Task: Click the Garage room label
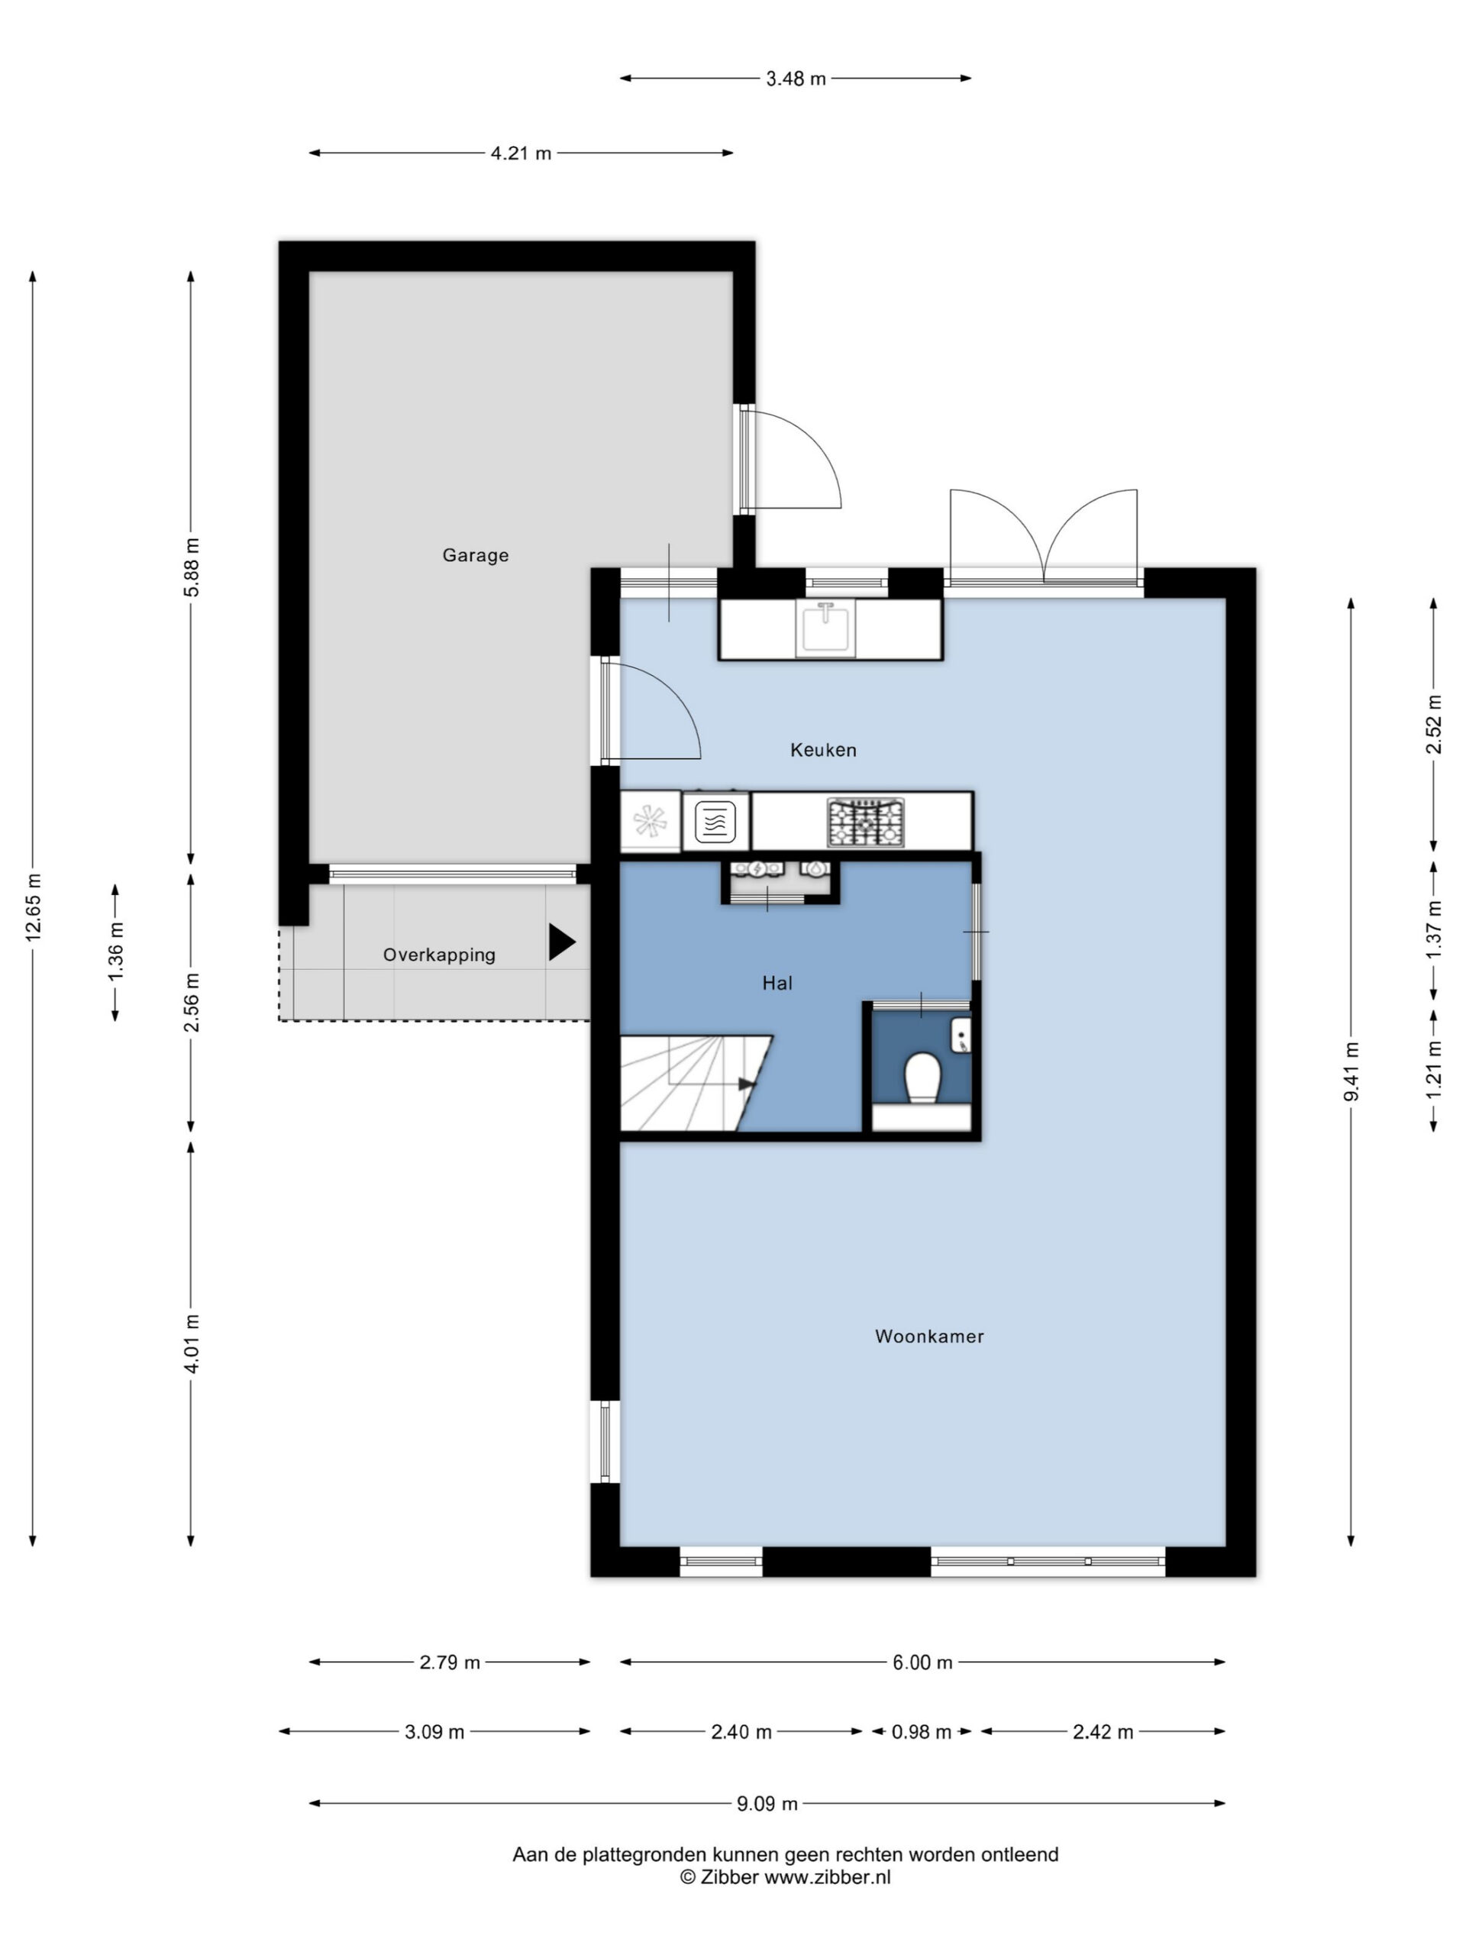point(476,555)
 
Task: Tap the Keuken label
point(822,749)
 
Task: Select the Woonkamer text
point(928,1336)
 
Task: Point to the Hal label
point(777,983)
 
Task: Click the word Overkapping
point(438,955)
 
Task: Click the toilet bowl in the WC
point(921,1075)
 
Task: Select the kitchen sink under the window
point(825,628)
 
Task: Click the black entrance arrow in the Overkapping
point(561,942)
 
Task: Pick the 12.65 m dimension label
point(34,906)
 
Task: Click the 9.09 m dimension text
point(767,1803)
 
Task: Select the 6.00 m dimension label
point(922,1662)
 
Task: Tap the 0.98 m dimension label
point(921,1731)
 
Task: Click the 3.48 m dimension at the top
point(796,79)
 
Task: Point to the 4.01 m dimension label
point(192,1343)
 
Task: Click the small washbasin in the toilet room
point(961,1035)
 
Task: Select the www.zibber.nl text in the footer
point(827,1877)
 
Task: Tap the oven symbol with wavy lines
point(715,822)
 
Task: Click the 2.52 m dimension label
point(1433,724)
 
